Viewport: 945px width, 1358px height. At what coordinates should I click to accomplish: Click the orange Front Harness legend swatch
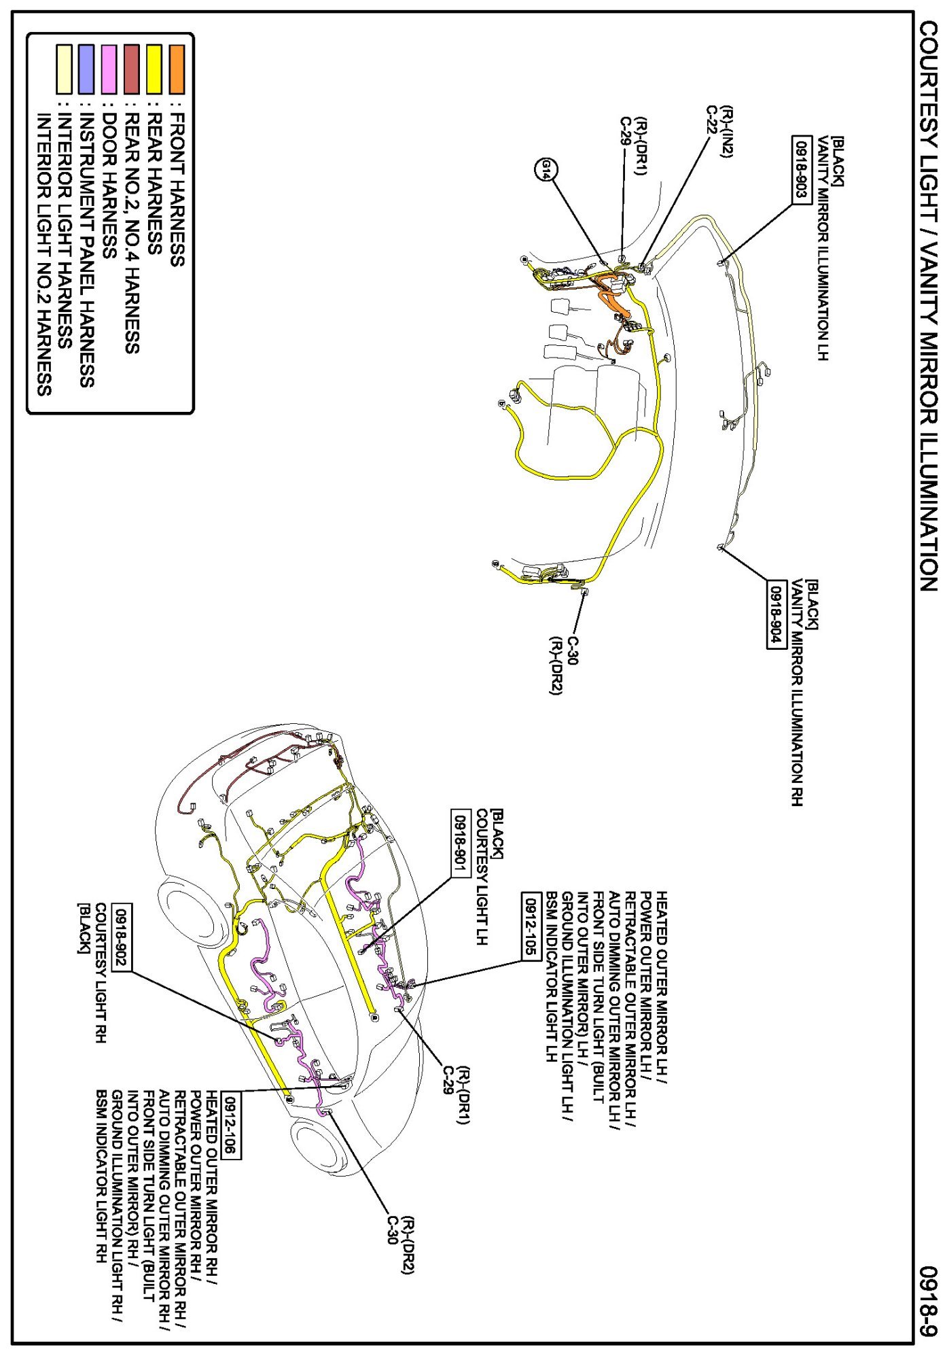click(177, 69)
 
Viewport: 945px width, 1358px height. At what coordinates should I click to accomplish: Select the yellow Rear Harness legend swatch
click(154, 69)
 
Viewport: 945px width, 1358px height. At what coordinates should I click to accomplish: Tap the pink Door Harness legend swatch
click(109, 69)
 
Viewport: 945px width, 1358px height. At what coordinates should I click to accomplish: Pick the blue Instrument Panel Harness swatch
click(86, 69)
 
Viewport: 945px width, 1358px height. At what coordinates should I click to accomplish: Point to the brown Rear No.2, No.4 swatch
click(132, 69)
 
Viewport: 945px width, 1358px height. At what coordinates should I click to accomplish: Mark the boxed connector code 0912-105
click(531, 926)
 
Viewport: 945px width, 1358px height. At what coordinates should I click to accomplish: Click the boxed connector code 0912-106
click(232, 1126)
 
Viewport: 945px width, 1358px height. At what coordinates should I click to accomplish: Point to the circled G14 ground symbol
click(545, 169)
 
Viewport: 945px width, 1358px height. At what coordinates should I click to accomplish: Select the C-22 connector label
click(712, 120)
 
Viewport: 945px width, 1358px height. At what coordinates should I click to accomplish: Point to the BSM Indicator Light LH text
click(552, 977)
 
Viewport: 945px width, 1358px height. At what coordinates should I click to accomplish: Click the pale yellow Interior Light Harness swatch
click(64, 69)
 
